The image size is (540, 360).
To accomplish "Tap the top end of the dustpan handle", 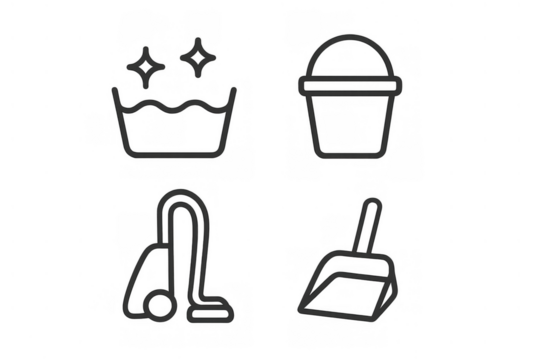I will tap(371, 205).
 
